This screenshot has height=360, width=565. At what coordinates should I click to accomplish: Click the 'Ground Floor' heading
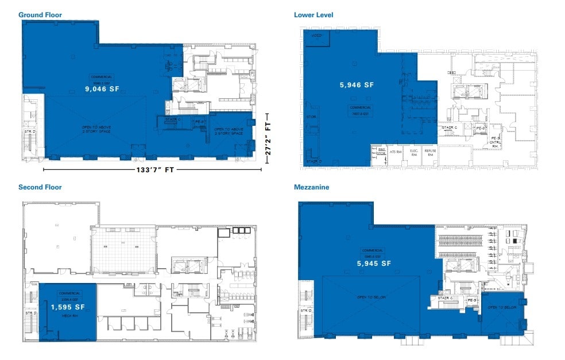(x=40, y=14)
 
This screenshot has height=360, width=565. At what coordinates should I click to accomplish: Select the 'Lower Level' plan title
(x=314, y=15)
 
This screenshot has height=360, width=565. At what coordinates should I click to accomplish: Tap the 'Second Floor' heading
(x=40, y=187)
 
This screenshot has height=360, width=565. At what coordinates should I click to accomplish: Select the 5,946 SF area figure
(x=357, y=85)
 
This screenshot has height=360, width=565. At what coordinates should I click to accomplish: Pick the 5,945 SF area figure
(x=374, y=264)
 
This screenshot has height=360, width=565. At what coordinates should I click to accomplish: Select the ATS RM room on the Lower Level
(x=395, y=152)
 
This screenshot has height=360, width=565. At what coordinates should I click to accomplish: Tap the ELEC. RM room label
(x=413, y=153)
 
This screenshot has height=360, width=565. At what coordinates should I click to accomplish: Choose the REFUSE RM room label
(x=431, y=153)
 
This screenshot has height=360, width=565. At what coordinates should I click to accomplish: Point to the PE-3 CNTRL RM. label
(x=495, y=142)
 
